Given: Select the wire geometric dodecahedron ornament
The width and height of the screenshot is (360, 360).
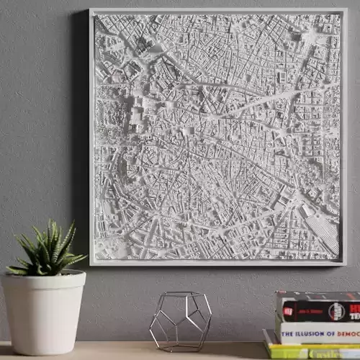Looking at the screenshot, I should click(180, 320).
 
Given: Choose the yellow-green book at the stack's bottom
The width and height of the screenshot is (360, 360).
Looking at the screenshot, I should click(310, 353).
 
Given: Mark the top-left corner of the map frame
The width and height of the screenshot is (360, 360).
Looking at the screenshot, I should click(91, 10).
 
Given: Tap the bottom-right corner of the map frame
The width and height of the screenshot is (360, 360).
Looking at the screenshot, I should click(344, 264).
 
